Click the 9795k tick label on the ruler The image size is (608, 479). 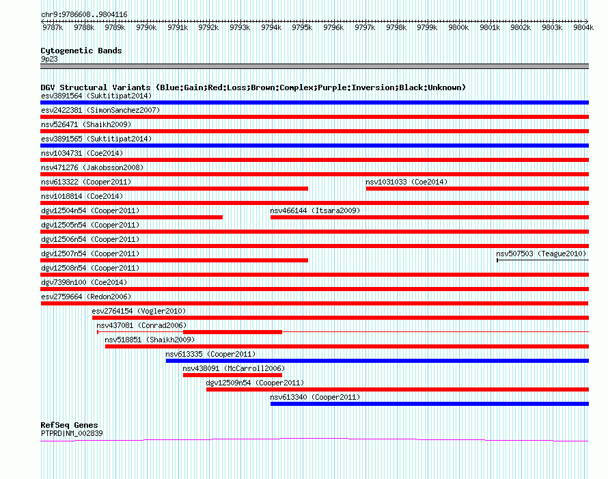pos(302,27)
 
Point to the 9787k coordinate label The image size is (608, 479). pos(53,27)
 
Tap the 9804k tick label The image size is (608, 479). pos(583,27)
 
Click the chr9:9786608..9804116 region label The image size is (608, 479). pos(84,15)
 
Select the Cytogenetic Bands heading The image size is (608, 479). pos(81,51)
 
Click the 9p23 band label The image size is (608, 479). pos(49,59)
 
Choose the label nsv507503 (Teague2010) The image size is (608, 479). pos(541,254)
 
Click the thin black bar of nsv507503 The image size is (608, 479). pos(543,260)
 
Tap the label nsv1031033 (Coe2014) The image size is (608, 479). pos(406,182)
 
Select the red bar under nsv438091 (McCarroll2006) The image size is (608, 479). pos(232,375)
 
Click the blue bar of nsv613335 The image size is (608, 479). pos(377,361)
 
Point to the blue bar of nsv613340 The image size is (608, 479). pos(430,404)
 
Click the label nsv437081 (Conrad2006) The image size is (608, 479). pos(141,325)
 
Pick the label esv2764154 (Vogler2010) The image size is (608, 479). pos(139,311)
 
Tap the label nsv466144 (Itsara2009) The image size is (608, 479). pos(315,210)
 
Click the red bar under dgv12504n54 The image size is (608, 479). pos(131,217)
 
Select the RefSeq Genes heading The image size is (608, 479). pos(69,425)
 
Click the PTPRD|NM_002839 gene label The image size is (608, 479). pos(72,434)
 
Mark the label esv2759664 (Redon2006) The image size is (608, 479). pos(86,297)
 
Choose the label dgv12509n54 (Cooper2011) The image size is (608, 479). pos(255,383)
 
